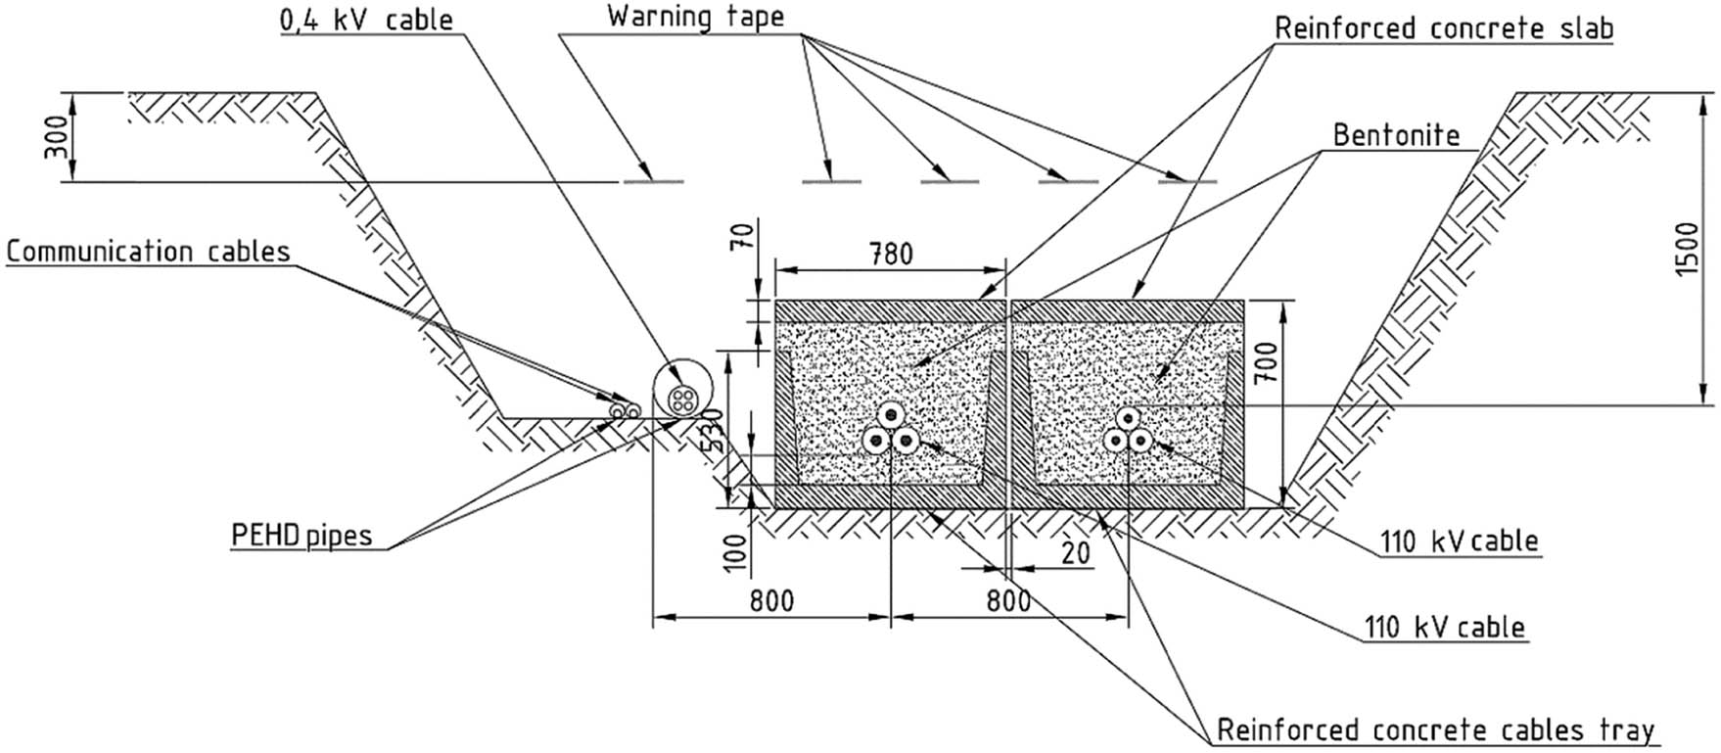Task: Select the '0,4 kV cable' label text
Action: pyautogui.click(x=366, y=20)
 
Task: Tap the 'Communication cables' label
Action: pyautogui.click(x=149, y=252)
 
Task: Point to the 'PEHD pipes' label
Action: pyautogui.click(x=302, y=536)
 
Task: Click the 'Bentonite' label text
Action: pyautogui.click(x=1396, y=135)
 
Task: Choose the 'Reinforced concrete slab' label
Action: pyautogui.click(x=1443, y=28)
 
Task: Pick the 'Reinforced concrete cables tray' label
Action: pyautogui.click(x=1435, y=730)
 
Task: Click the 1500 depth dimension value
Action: pyautogui.click(x=1686, y=250)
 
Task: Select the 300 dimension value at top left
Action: pyautogui.click(x=57, y=136)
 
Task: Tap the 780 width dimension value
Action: pyautogui.click(x=890, y=255)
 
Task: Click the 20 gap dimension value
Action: pyautogui.click(x=1075, y=554)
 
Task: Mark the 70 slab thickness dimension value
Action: pyautogui.click(x=743, y=238)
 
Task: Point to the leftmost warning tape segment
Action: pyautogui.click(x=653, y=181)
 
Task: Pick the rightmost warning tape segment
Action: pyautogui.click(x=1187, y=181)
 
